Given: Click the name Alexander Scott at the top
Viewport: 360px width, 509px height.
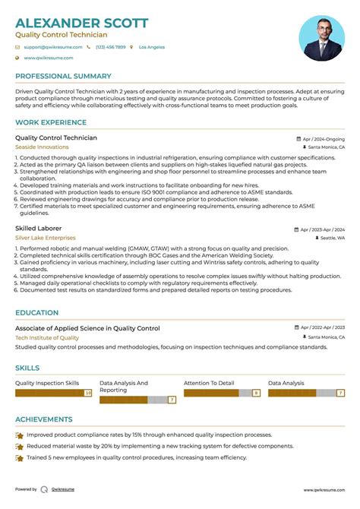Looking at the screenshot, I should tap(82, 23).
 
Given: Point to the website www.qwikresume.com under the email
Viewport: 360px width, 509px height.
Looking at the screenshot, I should tap(48, 58).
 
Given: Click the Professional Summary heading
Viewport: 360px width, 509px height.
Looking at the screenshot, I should tap(64, 77).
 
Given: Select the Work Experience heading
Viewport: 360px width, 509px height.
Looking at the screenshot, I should tap(50, 123).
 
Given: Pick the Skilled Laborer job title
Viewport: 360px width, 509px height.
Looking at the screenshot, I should tap(39, 228).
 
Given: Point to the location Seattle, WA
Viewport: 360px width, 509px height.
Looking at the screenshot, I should tap(331, 238).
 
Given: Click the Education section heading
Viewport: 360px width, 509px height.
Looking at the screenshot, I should tap(36, 312).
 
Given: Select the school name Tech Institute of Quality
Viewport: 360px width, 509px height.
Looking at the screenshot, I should tap(47, 337).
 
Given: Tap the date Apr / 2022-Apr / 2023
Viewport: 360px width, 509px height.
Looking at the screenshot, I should tap(322, 328).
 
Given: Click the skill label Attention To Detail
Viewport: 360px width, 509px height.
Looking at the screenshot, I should tap(209, 384).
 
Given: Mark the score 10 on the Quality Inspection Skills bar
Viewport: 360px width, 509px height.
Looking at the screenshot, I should tap(88, 394).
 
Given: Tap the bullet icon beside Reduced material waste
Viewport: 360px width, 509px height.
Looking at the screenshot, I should tap(19, 447).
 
